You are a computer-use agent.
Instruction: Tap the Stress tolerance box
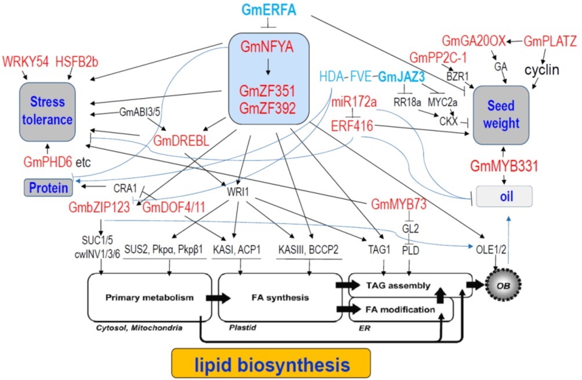pos(48,111)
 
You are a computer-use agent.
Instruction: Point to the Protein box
pos(49,188)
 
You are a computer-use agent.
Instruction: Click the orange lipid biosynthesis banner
pos(271,364)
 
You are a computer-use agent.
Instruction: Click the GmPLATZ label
pos(550,42)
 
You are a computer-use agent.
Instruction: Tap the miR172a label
pos(355,103)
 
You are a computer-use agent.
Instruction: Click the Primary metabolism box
pos(142,298)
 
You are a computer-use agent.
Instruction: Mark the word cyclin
pos(541,70)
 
